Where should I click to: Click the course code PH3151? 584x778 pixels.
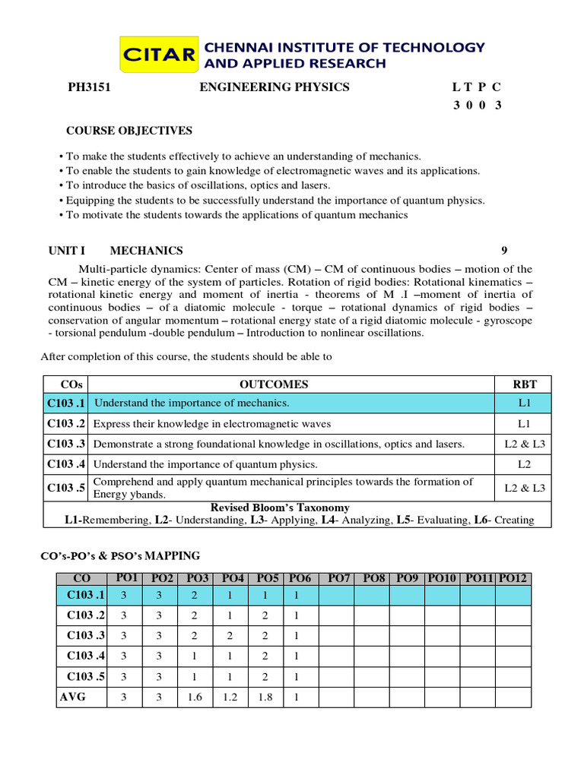pyautogui.click(x=90, y=87)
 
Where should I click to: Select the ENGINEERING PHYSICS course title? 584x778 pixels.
pyautogui.click(x=274, y=87)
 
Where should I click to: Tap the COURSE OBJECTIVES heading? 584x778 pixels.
pyautogui.click(x=129, y=131)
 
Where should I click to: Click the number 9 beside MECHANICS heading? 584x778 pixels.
pyautogui.click(x=504, y=251)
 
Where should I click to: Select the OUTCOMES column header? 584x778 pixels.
pyautogui.click(x=274, y=384)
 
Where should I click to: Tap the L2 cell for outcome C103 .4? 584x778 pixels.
pyautogui.click(x=525, y=463)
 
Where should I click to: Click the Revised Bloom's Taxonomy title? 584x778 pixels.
pyautogui.click(x=280, y=508)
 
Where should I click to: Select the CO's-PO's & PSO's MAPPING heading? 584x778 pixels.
pyautogui.click(x=120, y=556)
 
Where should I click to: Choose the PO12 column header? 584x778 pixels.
pyautogui.click(x=513, y=579)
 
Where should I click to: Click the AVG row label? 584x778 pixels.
pyautogui.click(x=72, y=696)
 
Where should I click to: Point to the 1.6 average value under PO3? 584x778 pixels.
pyautogui.click(x=195, y=697)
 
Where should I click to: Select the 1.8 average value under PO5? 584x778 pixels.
pyautogui.click(x=265, y=697)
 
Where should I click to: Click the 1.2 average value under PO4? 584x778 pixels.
pyautogui.click(x=230, y=697)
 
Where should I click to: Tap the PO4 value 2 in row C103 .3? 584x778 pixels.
pyautogui.click(x=230, y=635)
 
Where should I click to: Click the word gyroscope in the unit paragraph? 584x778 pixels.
pyautogui.click(x=507, y=321)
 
